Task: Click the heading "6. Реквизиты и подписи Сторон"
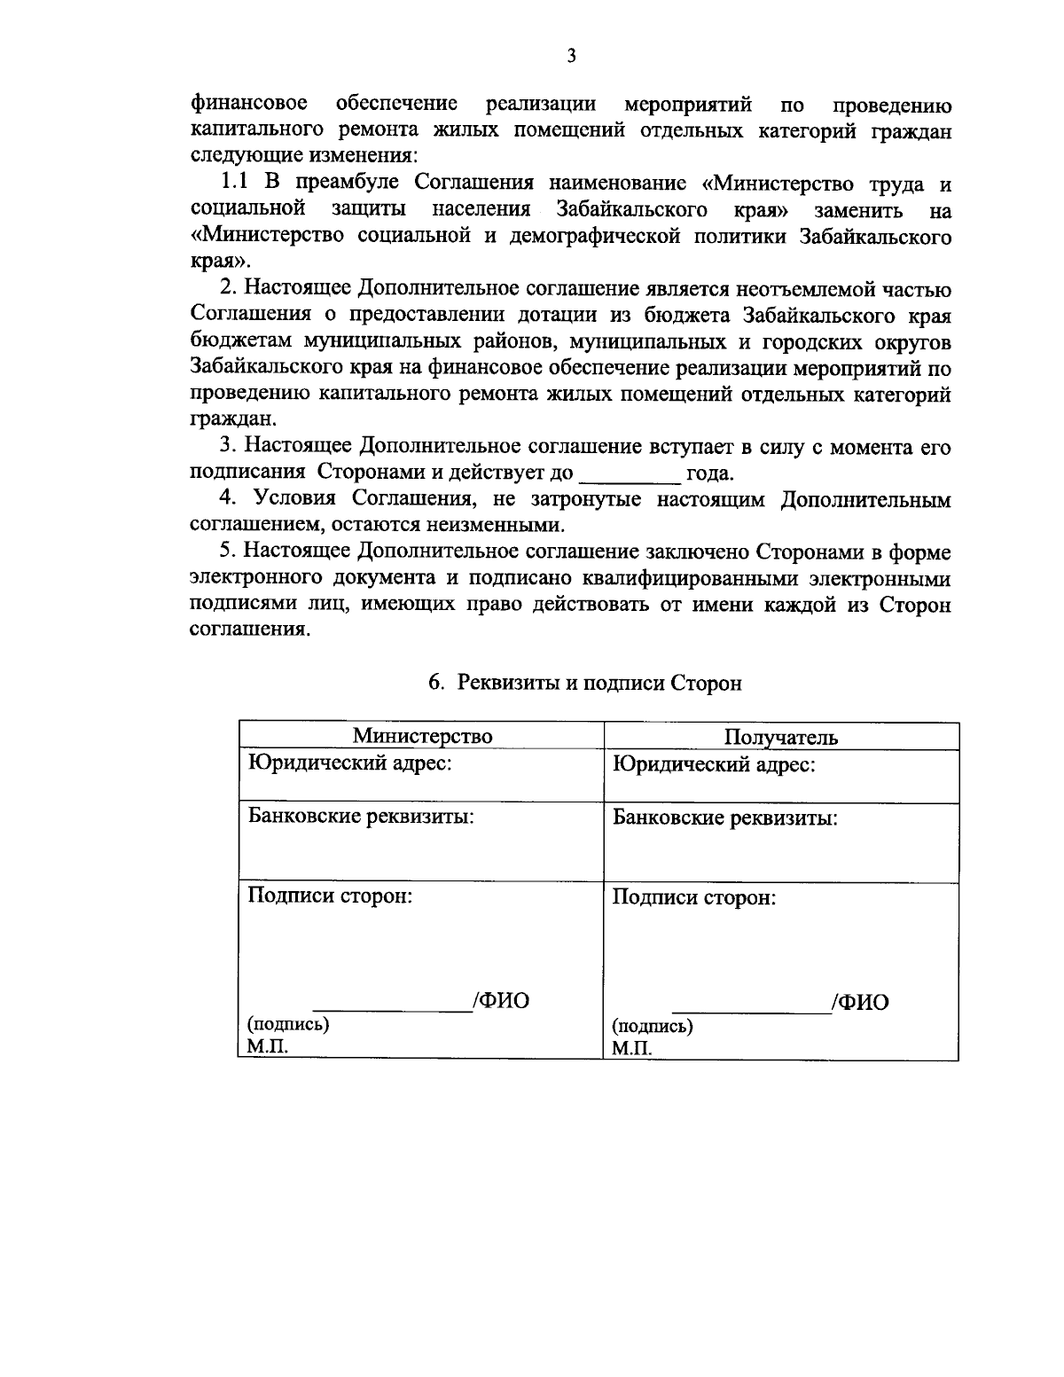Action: [585, 683]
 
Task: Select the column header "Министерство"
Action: [422, 736]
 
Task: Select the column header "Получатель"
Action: [781, 738]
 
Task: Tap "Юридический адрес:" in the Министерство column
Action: [350, 763]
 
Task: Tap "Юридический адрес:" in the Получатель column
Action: [714, 764]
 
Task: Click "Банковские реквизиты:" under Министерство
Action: [361, 816]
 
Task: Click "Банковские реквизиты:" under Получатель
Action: [725, 818]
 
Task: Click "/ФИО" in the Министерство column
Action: [501, 1001]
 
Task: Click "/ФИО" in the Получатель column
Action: [861, 1003]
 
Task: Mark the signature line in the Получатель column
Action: [751, 1011]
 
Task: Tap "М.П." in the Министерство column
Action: [268, 1046]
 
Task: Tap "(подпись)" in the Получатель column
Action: [653, 1027]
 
